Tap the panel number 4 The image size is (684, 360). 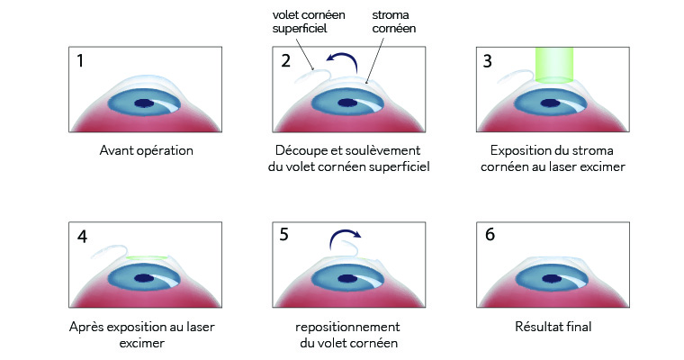point(83,238)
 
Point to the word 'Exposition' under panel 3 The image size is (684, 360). point(513,149)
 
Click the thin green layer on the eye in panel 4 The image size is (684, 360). point(148,259)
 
